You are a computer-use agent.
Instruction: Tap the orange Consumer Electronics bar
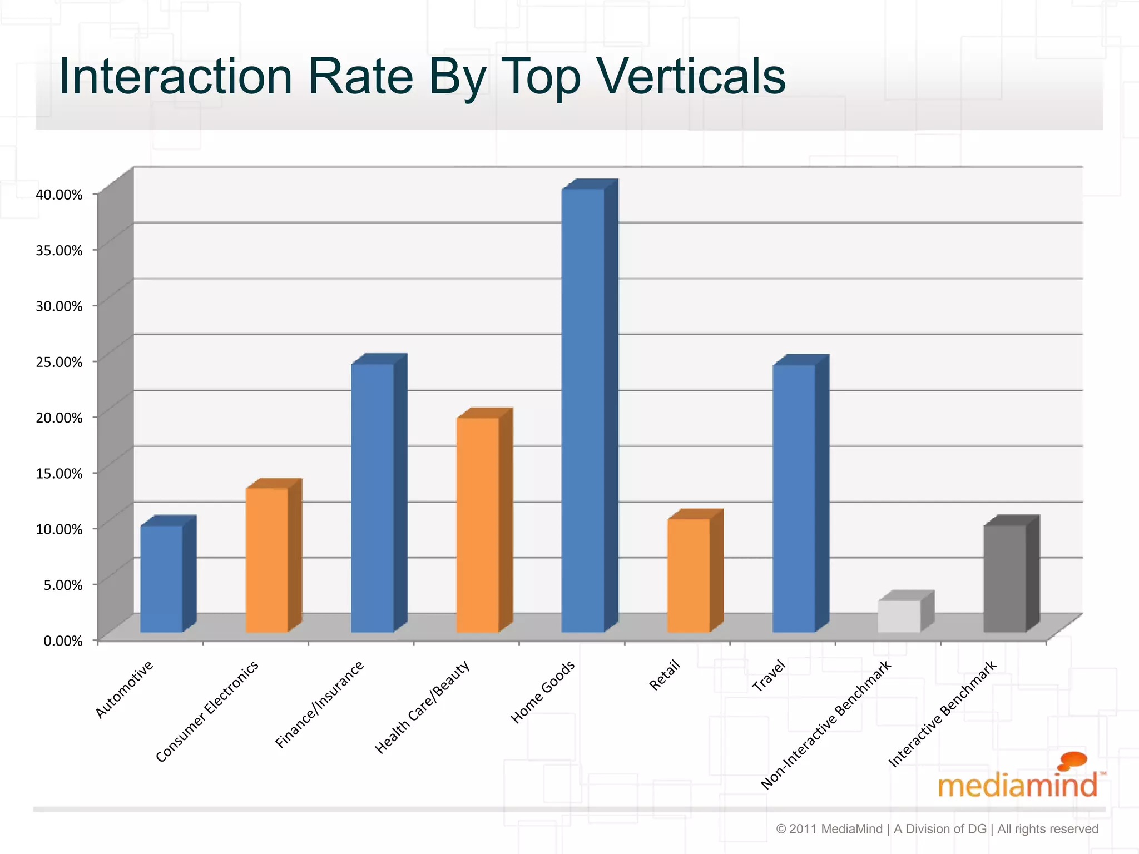coord(267,560)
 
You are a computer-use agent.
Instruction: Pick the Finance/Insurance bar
coord(372,498)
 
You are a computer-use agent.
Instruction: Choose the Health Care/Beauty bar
coord(478,525)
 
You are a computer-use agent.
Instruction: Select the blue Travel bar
coord(794,498)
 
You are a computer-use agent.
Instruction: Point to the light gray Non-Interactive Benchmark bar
coord(899,616)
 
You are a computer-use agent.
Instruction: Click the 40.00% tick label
coord(59,195)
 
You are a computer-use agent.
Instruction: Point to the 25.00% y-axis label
coord(59,362)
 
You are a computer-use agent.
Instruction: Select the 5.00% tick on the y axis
coord(63,585)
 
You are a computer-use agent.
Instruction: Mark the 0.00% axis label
coord(63,641)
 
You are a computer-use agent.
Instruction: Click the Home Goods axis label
coord(543,692)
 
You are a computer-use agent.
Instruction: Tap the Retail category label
coord(665,674)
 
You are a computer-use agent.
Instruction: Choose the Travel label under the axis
coord(769,675)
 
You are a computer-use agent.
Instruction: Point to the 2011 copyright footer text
coord(937,829)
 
